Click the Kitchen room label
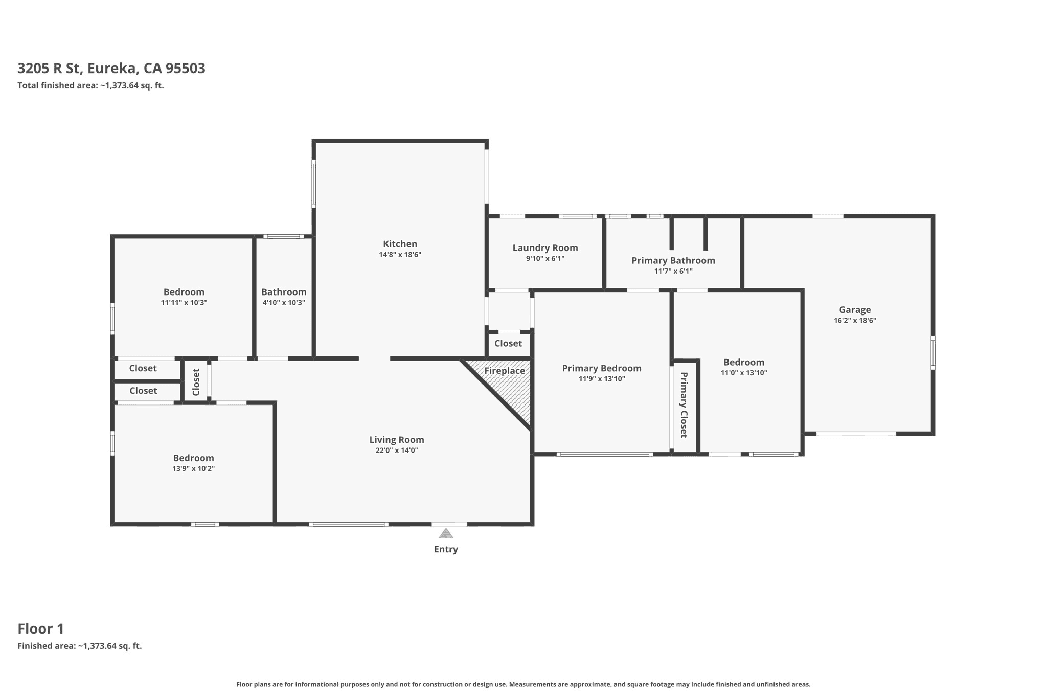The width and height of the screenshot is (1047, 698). tap(400, 244)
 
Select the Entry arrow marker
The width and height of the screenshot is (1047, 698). tap(446, 533)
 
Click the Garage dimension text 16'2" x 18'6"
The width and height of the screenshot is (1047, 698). tap(855, 321)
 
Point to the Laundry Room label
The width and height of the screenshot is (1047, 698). tap(545, 248)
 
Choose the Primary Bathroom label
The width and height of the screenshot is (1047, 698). tap(673, 261)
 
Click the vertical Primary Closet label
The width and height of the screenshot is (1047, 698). tap(684, 405)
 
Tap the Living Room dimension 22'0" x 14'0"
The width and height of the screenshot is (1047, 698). tap(397, 451)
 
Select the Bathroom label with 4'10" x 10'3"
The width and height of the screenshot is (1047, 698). tap(284, 292)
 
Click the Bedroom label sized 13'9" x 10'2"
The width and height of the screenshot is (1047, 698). tap(193, 458)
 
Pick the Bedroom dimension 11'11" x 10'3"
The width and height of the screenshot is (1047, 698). tap(184, 303)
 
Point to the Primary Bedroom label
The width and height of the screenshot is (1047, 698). tap(602, 368)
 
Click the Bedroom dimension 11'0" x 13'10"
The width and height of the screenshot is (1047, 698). tap(744, 373)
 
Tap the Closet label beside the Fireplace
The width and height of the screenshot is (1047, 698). tap(508, 344)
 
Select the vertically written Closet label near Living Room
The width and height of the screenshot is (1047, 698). tap(196, 382)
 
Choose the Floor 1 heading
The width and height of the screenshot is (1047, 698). tap(41, 628)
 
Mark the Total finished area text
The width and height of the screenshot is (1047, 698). tap(90, 85)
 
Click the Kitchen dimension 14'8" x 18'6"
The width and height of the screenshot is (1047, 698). tap(400, 255)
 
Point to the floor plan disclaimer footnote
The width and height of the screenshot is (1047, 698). tap(523, 684)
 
